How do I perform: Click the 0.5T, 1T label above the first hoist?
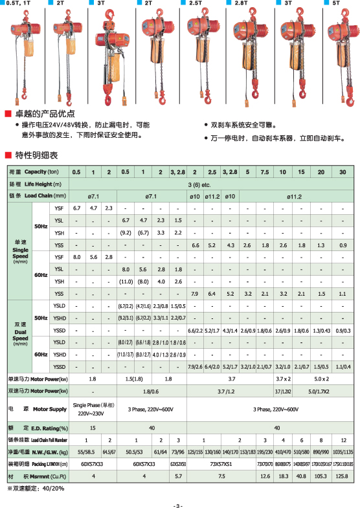[x=19, y=4]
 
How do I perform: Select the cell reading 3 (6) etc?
[x=209, y=183]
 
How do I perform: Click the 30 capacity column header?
[x=343, y=171]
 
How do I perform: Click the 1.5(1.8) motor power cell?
[x=134, y=379]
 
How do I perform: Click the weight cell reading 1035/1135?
[x=343, y=452]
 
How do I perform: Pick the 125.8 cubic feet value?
[x=343, y=476]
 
